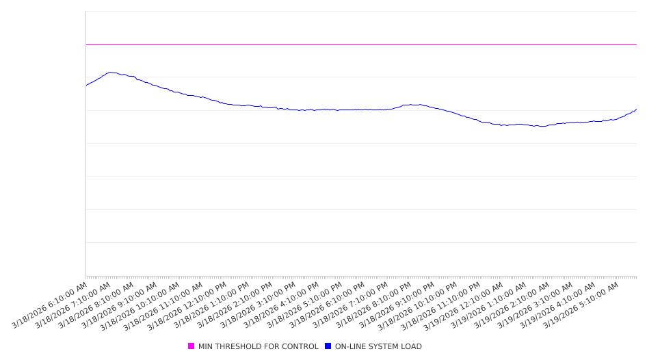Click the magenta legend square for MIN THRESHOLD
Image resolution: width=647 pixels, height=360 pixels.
click(191, 346)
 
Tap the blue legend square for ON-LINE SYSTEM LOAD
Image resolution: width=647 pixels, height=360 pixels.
click(328, 346)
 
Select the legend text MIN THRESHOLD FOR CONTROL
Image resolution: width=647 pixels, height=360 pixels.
click(258, 346)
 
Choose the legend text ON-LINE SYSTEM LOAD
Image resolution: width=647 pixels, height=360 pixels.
click(378, 346)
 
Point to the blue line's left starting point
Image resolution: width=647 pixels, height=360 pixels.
click(86, 85)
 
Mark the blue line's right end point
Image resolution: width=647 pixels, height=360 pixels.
click(636, 109)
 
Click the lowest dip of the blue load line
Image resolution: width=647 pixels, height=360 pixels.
click(540, 126)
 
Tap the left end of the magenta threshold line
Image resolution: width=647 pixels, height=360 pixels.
click(87, 44)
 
